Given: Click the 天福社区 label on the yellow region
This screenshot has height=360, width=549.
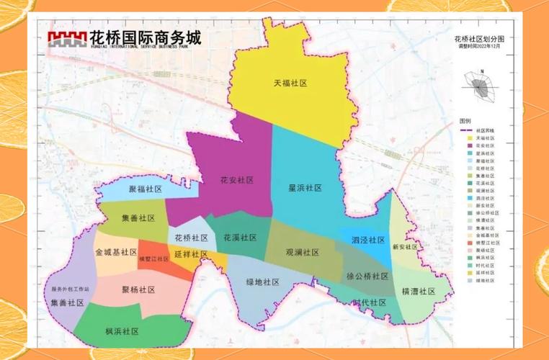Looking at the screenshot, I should (290, 84).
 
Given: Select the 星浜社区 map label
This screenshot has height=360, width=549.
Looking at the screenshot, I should (305, 187).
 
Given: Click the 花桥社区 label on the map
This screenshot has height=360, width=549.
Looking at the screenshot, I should (191, 238).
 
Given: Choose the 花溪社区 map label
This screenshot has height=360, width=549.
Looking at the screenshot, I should (240, 237).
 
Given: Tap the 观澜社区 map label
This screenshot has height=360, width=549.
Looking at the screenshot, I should (303, 253).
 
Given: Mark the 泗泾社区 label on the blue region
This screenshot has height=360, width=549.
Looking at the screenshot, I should (368, 240).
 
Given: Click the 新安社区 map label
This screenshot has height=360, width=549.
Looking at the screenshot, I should (405, 246).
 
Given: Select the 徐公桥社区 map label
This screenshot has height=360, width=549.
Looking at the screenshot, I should (367, 276).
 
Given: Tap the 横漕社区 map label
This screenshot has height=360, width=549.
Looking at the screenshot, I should (419, 291).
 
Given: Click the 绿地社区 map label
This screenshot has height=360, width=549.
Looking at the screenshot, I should (262, 282).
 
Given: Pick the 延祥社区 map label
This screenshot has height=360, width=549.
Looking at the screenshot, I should (191, 254).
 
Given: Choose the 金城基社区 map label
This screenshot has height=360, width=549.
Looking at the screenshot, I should (115, 252).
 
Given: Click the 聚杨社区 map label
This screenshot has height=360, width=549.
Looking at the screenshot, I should (138, 289).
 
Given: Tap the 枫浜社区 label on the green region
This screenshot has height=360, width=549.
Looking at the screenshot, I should (122, 331).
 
